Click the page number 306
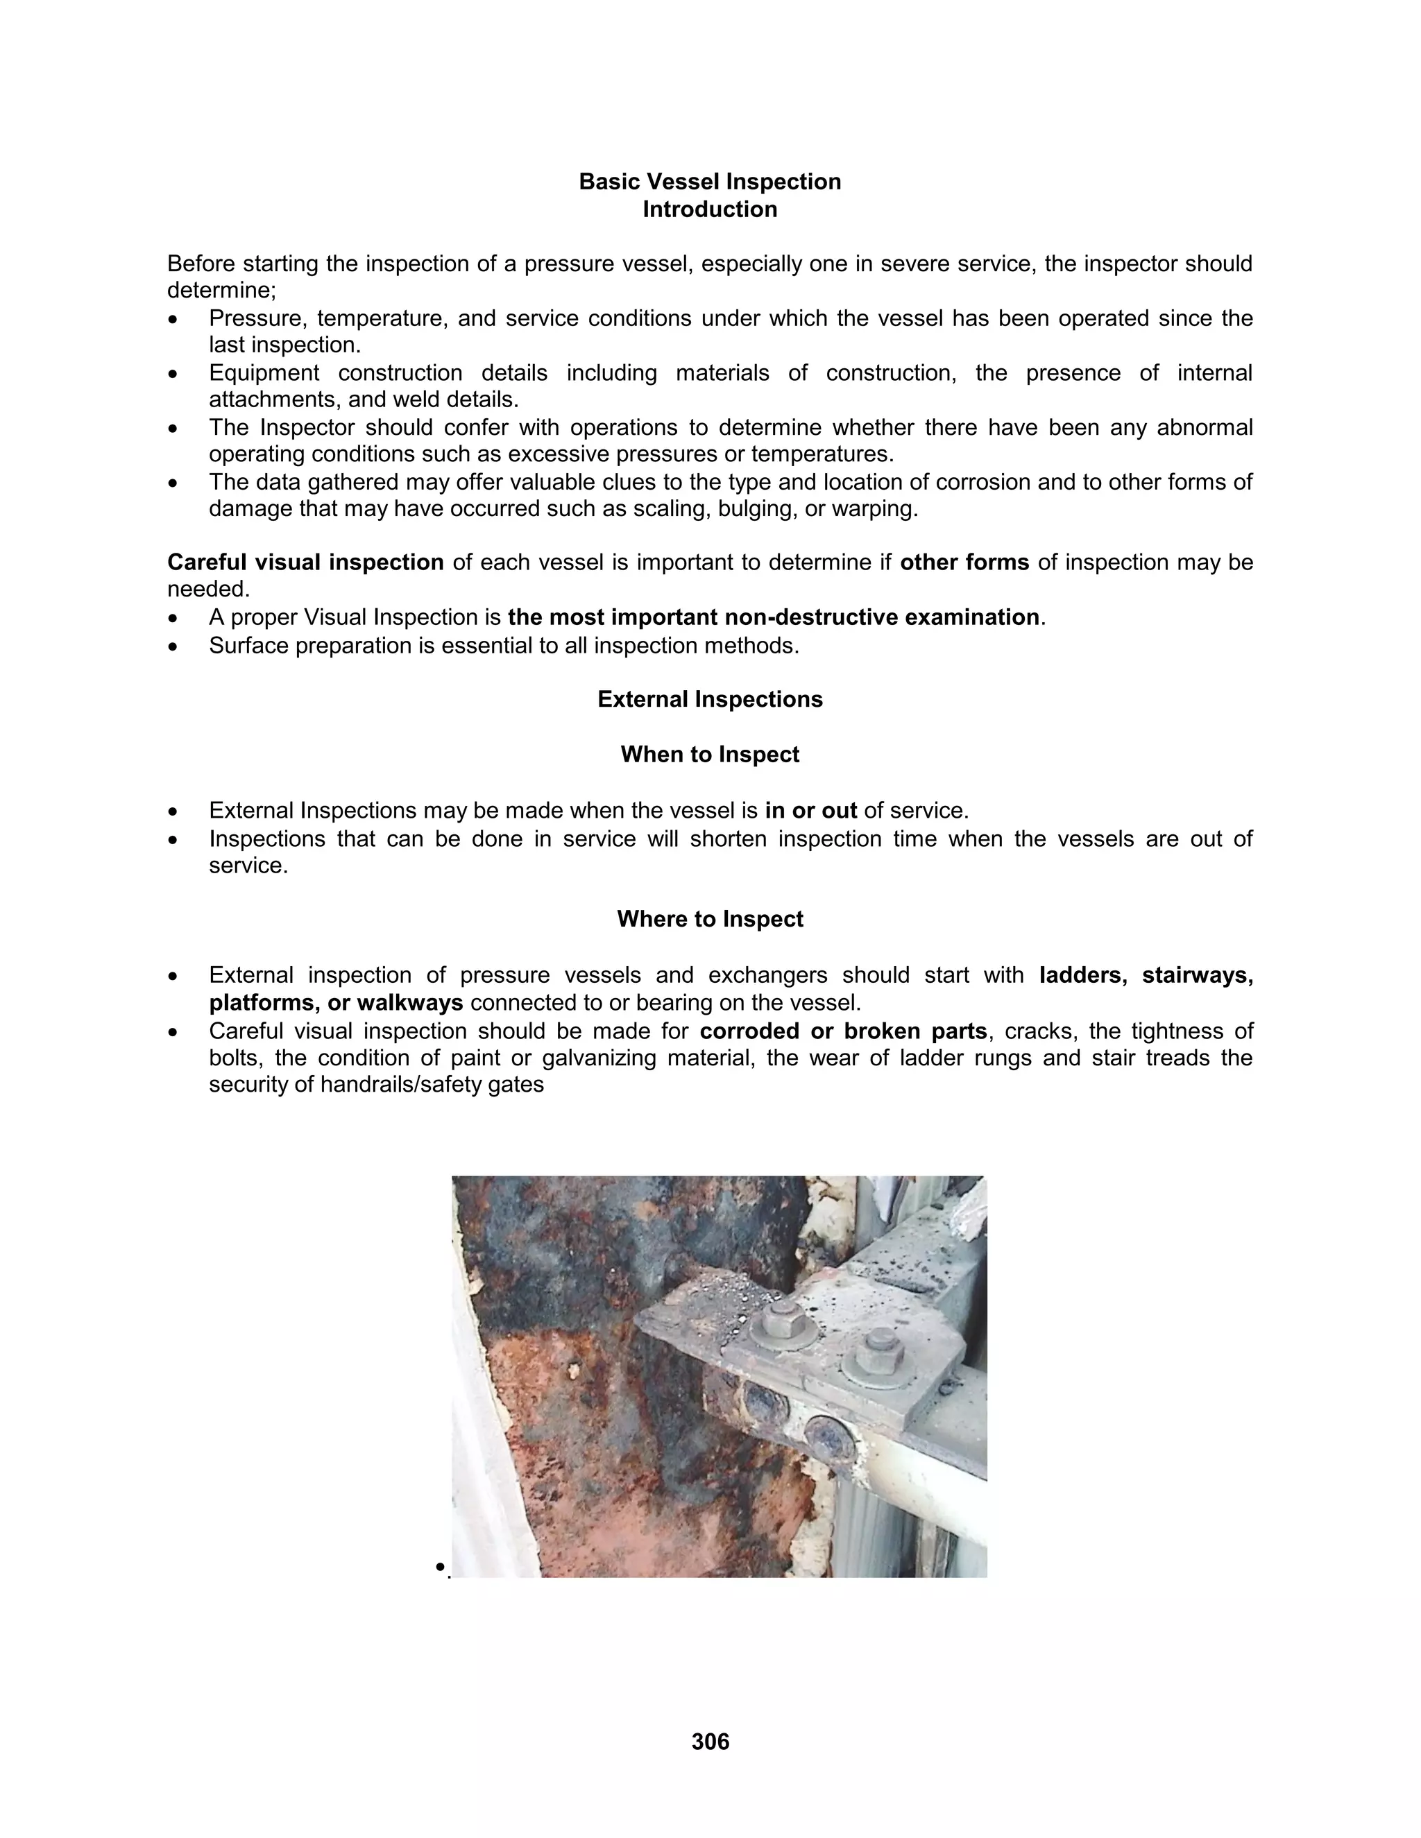[710, 1741]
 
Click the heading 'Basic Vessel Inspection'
[710, 182]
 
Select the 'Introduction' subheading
[710, 209]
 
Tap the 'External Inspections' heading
[710, 699]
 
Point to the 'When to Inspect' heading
[710, 754]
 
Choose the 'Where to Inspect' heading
[710, 918]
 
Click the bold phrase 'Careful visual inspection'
[305, 562]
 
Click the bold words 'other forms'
[964, 562]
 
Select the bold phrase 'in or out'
[810, 810]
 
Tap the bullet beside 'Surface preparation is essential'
[173, 646]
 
